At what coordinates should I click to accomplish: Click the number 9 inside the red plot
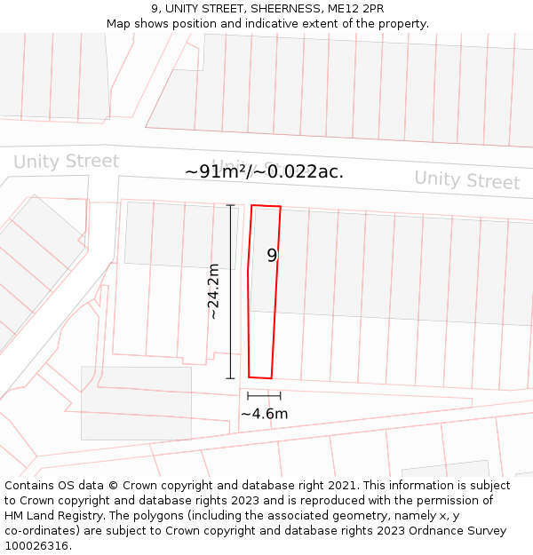pyautogui.click(x=272, y=256)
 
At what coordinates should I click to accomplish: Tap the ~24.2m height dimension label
pyautogui.click(x=213, y=291)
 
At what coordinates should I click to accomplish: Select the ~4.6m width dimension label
pyautogui.click(x=264, y=414)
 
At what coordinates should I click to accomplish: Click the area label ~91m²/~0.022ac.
pyautogui.click(x=264, y=171)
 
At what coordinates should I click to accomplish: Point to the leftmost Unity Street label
pyautogui.click(x=66, y=162)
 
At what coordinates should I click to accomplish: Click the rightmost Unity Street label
pyautogui.click(x=466, y=179)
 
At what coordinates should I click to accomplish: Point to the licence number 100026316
pyautogui.click(x=37, y=546)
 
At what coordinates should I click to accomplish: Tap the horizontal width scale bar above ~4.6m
pyautogui.click(x=264, y=395)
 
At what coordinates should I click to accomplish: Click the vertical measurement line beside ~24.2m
pyautogui.click(x=231, y=291)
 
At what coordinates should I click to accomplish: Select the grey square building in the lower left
pyautogui.click(x=136, y=403)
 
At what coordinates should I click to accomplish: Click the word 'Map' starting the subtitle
pyautogui.click(x=118, y=24)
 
